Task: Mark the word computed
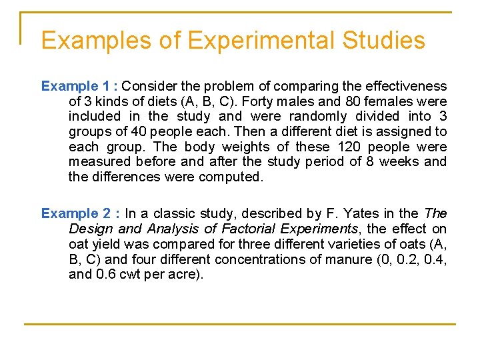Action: pyautogui.click(x=235, y=177)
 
